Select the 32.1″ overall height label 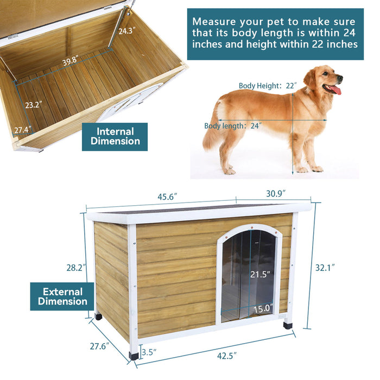coord(326,267)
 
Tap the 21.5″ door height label coord(260,275)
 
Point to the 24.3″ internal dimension coord(126,31)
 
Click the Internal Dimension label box coord(115,137)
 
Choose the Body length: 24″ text coord(233,125)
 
